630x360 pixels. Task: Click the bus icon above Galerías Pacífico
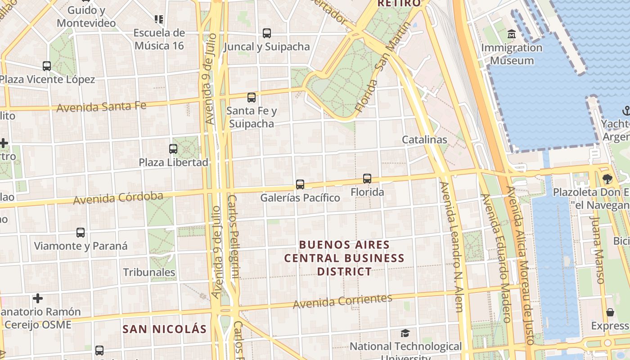(300, 184)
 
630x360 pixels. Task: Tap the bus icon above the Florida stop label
(367, 179)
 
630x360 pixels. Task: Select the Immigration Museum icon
(512, 34)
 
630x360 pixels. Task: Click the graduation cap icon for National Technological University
(405, 333)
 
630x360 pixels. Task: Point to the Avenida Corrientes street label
(342, 301)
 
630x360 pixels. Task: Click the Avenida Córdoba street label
(118, 198)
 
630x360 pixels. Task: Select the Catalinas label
(424, 139)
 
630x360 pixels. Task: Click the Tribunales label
(149, 272)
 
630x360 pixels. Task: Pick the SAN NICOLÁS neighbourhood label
(165, 329)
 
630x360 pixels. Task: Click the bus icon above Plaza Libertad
(173, 149)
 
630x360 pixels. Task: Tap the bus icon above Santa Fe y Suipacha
(252, 98)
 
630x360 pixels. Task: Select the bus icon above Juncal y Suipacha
(267, 33)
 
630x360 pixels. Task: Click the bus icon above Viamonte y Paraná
(81, 233)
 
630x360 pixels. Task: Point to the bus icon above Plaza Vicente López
(47, 66)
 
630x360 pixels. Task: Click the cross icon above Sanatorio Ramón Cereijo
(38, 298)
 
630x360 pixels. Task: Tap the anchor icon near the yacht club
(626, 110)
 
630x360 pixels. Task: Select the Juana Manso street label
(597, 250)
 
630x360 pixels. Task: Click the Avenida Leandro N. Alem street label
(451, 247)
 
